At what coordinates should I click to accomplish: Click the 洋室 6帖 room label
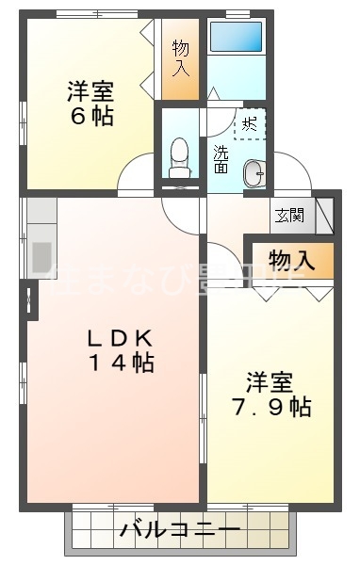pos(90,104)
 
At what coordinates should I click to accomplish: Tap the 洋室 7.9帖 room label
pos(272,395)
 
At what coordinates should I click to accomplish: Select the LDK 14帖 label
pos(119,349)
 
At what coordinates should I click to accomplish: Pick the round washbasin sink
pos(254,172)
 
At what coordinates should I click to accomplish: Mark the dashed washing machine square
pos(250,123)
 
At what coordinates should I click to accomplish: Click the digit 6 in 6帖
pos(74,117)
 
